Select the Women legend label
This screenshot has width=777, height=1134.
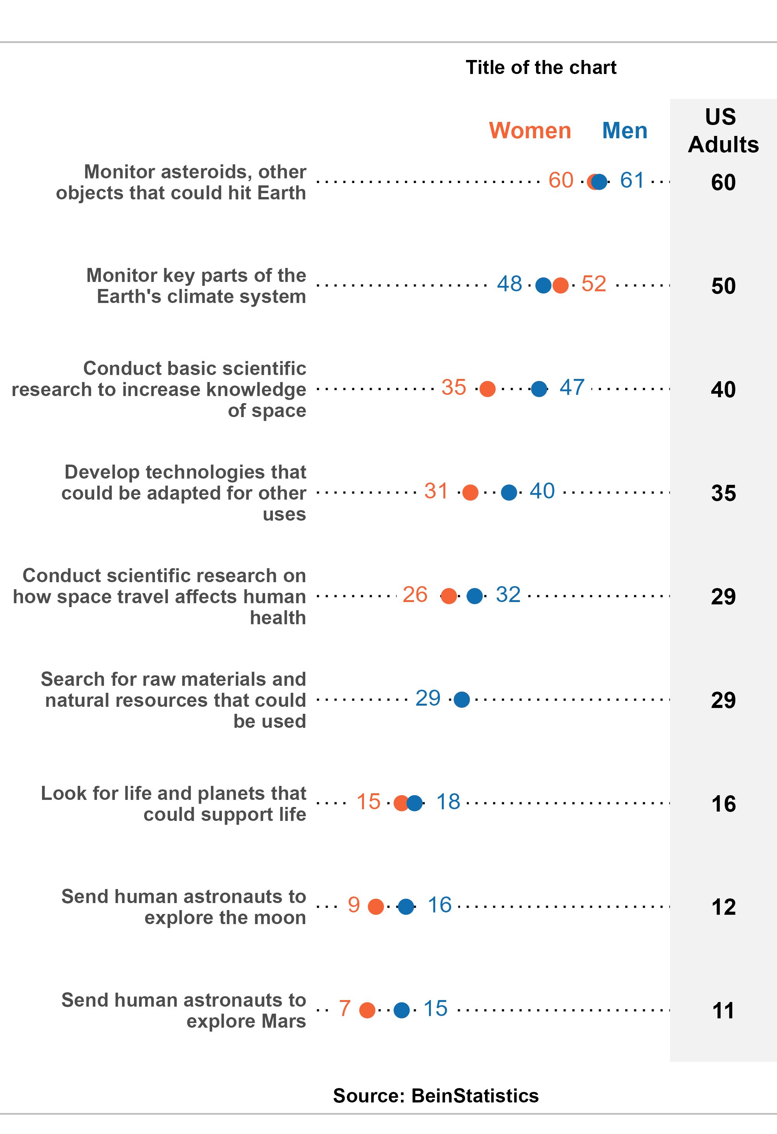[x=530, y=131]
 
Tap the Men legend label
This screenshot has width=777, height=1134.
[x=624, y=131]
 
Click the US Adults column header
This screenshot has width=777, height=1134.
[x=723, y=131]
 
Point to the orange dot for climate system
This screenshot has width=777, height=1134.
[x=561, y=285]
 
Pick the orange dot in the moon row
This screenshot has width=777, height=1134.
[x=376, y=907]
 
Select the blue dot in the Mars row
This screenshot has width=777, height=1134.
[x=401, y=1010]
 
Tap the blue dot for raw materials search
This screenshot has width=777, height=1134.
[x=461, y=699]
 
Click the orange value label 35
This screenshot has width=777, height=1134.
[x=454, y=387]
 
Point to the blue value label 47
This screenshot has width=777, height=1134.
[x=571, y=387]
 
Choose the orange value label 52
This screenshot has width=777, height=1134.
[x=594, y=284]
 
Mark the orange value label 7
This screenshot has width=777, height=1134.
[x=345, y=1009]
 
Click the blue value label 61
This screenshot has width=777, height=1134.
[x=632, y=181]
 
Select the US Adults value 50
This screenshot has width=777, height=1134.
[x=723, y=286]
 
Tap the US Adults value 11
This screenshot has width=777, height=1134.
[x=723, y=1011]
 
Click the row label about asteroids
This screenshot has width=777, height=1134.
[x=181, y=182]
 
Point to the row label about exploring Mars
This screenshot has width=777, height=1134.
[x=183, y=1010]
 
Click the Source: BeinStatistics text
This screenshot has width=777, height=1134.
[x=436, y=1095]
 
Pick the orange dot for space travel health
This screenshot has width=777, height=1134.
[x=448, y=596]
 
